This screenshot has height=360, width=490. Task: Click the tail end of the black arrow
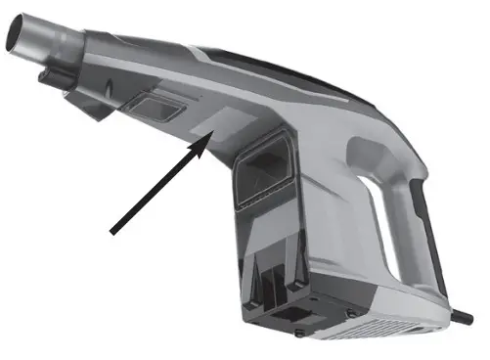pos(113,232)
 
